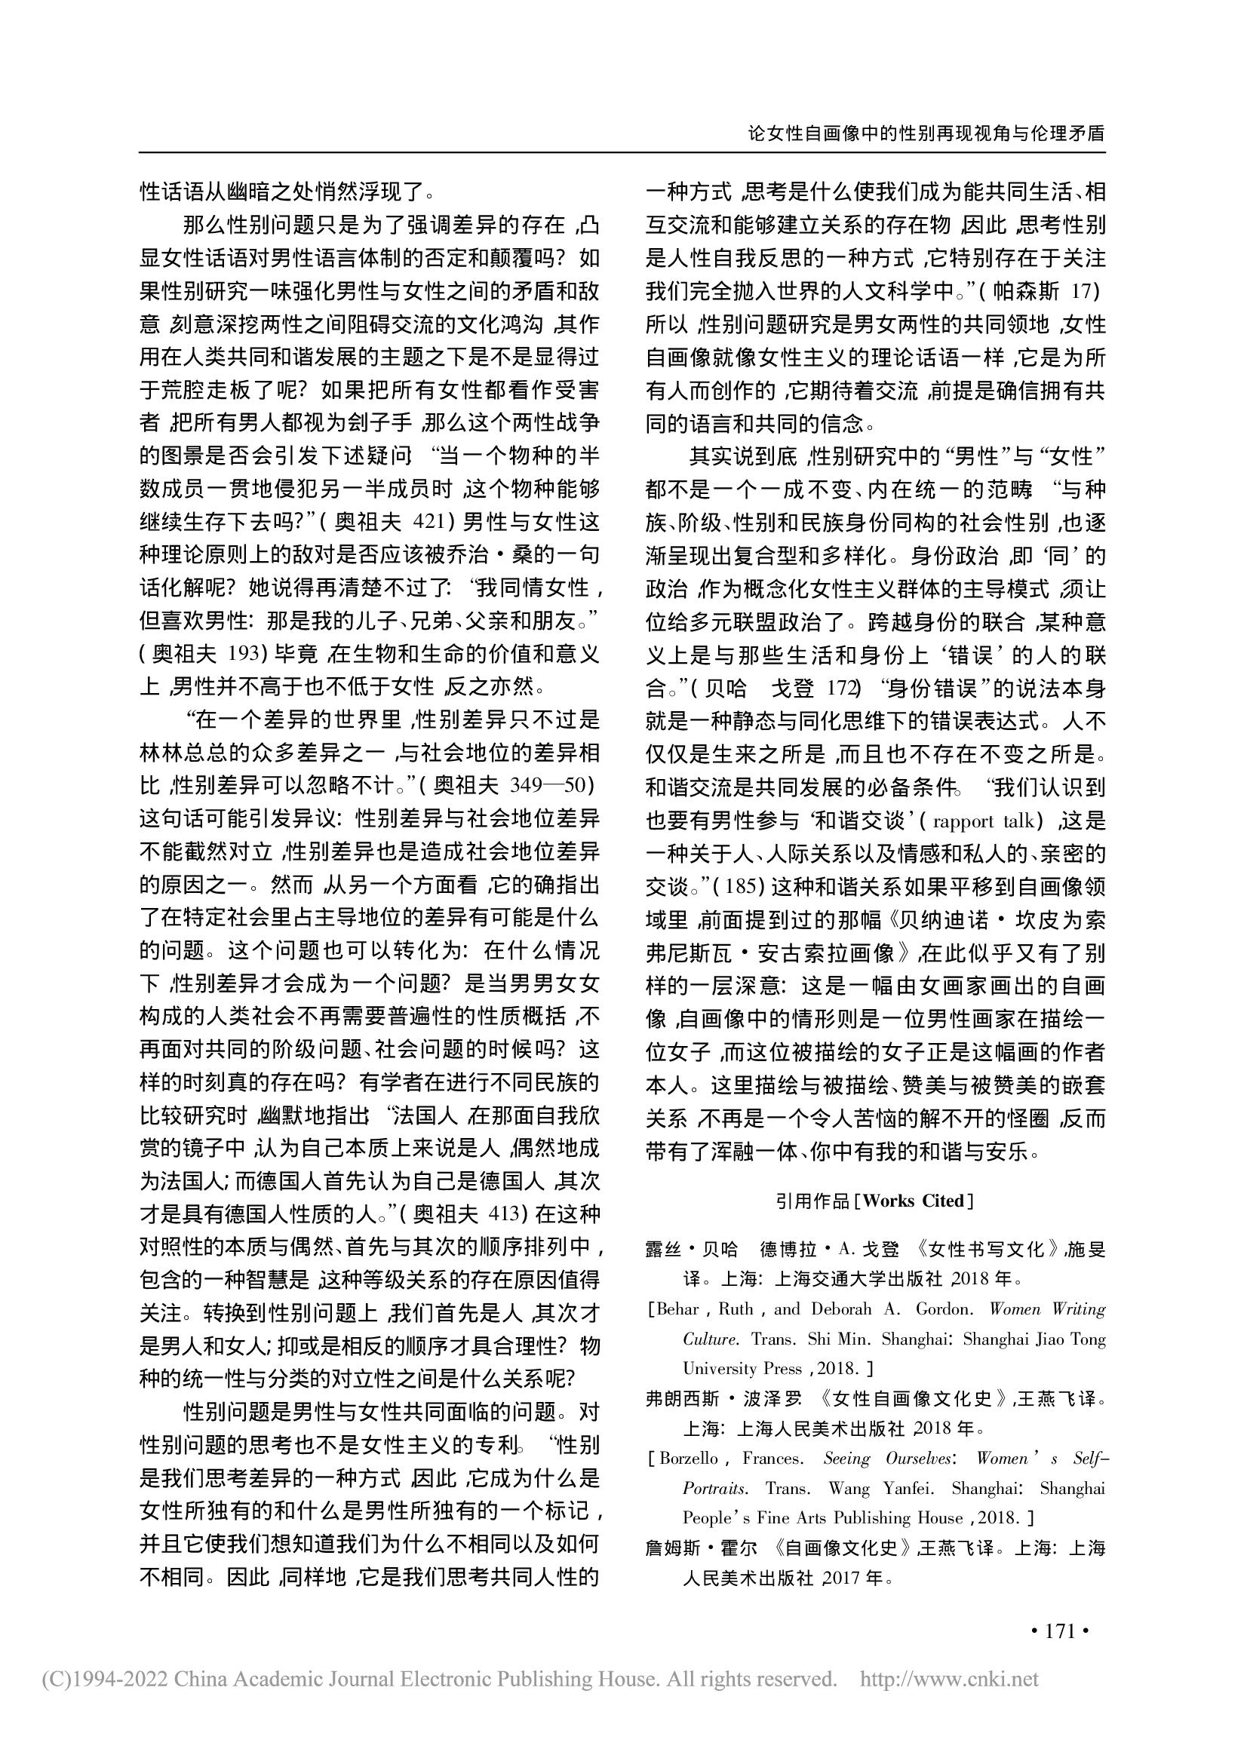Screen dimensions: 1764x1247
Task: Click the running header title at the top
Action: [x=926, y=133]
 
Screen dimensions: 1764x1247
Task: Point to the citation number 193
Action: [x=246, y=655]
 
